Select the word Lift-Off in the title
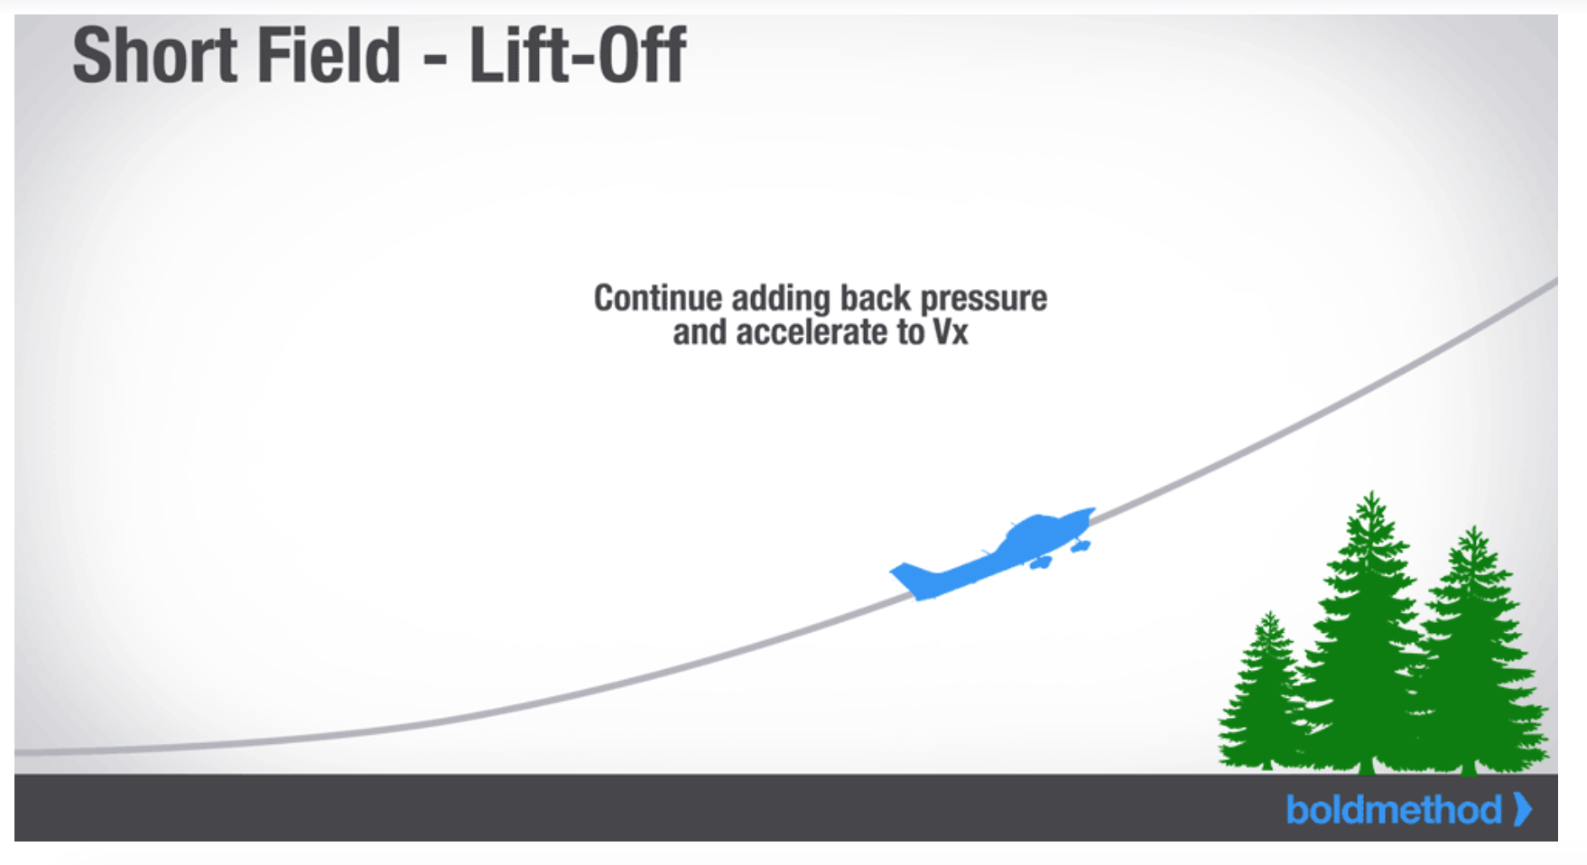coord(578,56)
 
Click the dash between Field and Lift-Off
coord(434,63)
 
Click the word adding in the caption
coord(781,299)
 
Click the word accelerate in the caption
coord(812,332)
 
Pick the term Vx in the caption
coord(950,332)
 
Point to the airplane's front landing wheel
coord(1080,545)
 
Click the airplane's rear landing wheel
coord(1041,563)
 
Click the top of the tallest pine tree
coord(1372,493)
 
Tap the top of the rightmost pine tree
coord(1474,528)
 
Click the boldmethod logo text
coord(1394,810)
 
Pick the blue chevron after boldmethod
coord(1522,809)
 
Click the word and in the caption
coord(700,332)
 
